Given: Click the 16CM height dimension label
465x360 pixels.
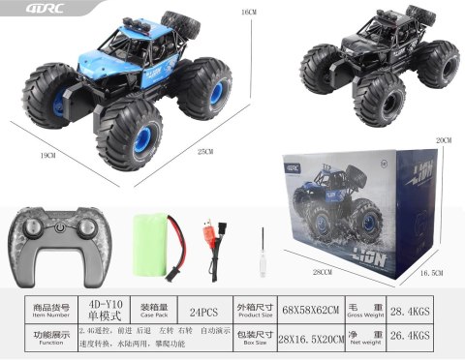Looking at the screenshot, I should [x=249, y=12].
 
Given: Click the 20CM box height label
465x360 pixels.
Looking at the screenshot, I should [x=444, y=140].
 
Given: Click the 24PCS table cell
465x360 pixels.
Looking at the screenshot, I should [x=203, y=312].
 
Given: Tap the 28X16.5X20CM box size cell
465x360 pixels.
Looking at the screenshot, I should [x=306, y=341].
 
